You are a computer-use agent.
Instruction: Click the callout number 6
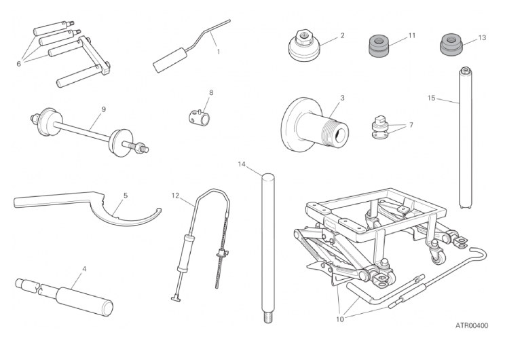pyautogui.click(x=18, y=63)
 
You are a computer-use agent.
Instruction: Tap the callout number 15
pyautogui.click(x=431, y=98)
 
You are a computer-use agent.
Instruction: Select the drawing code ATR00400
pyautogui.click(x=472, y=325)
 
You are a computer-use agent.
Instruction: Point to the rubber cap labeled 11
pyautogui.click(x=378, y=47)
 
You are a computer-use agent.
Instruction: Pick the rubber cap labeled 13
pyautogui.click(x=451, y=45)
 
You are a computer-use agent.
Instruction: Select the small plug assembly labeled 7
pyautogui.click(x=380, y=128)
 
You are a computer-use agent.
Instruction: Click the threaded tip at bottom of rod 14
pyautogui.click(x=268, y=318)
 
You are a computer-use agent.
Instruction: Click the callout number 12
pyautogui.click(x=175, y=196)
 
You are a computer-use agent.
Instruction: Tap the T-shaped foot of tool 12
pyautogui.click(x=176, y=299)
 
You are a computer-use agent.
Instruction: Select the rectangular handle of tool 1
pyautogui.click(x=169, y=60)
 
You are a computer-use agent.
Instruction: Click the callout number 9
pyautogui.click(x=103, y=109)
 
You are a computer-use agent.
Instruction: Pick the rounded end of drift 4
pyautogui.click(x=107, y=308)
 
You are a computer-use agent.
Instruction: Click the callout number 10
pyautogui.click(x=339, y=319)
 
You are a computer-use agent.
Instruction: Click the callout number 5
pyautogui.click(x=126, y=196)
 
